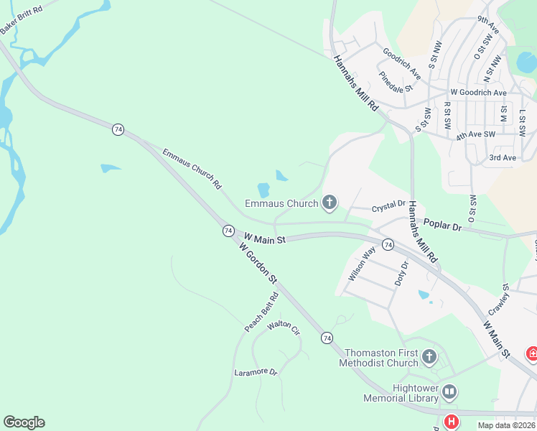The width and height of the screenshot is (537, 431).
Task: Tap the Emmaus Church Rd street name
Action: point(192,168)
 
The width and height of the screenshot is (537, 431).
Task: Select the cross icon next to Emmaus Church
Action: point(330,203)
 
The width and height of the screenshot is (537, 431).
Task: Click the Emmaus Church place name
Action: point(281,204)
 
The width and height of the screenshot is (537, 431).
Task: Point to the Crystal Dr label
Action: point(389,207)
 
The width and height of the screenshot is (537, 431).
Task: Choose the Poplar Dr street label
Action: point(442,225)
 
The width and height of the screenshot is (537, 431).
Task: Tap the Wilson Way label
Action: point(362,264)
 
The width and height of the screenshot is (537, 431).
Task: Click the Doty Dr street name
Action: point(401,274)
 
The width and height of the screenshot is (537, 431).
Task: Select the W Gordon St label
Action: point(258,264)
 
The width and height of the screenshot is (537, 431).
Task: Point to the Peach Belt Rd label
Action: point(261,312)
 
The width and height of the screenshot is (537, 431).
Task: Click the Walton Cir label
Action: point(283,327)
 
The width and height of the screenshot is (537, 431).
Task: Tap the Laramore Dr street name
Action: point(256,372)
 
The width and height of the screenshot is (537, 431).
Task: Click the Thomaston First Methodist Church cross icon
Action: point(429,356)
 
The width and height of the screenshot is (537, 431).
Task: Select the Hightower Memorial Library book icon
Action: point(449,391)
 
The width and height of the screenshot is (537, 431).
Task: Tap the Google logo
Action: point(24,422)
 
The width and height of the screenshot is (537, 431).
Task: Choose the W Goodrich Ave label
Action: point(478,93)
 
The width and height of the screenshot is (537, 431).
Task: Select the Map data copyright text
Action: point(507,425)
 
